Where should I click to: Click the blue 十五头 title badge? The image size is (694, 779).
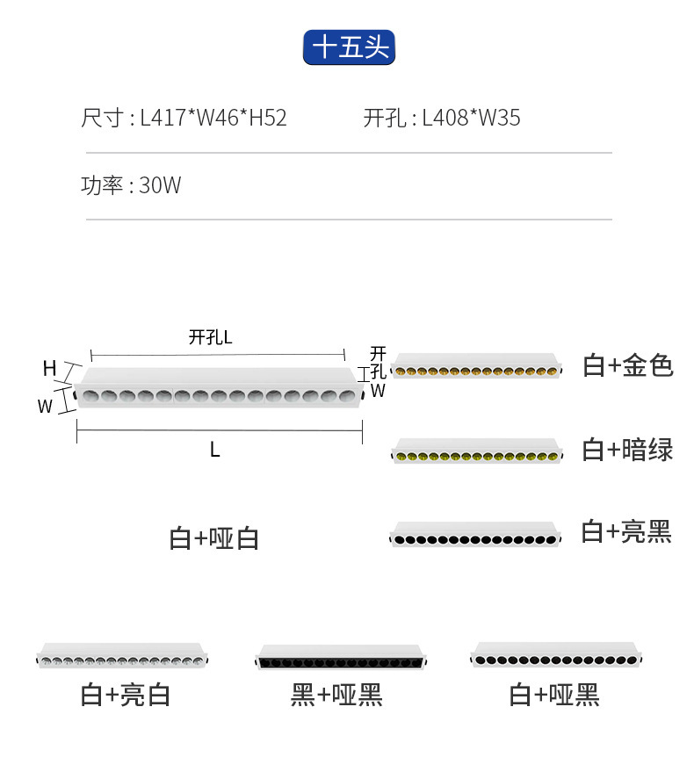click(349, 47)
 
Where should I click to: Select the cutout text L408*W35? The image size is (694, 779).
click(471, 118)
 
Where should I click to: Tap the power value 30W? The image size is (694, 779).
click(160, 186)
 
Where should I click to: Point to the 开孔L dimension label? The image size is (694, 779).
click(210, 337)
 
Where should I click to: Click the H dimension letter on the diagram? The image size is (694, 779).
click(50, 369)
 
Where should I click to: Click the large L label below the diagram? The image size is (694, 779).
click(214, 450)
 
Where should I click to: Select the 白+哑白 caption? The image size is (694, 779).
click(213, 538)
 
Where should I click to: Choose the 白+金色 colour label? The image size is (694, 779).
click(627, 365)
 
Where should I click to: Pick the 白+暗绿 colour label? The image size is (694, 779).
click(627, 450)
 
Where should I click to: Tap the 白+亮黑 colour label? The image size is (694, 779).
click(626, 531)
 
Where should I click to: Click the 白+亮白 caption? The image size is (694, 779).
click(125, 696)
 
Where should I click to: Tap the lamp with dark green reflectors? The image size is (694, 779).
click(475, 451)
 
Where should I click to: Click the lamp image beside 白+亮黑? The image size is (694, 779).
click(475, 534)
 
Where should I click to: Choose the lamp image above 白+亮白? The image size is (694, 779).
click(123, 656)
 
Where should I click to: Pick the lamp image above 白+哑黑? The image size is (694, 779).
click(555, 655)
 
